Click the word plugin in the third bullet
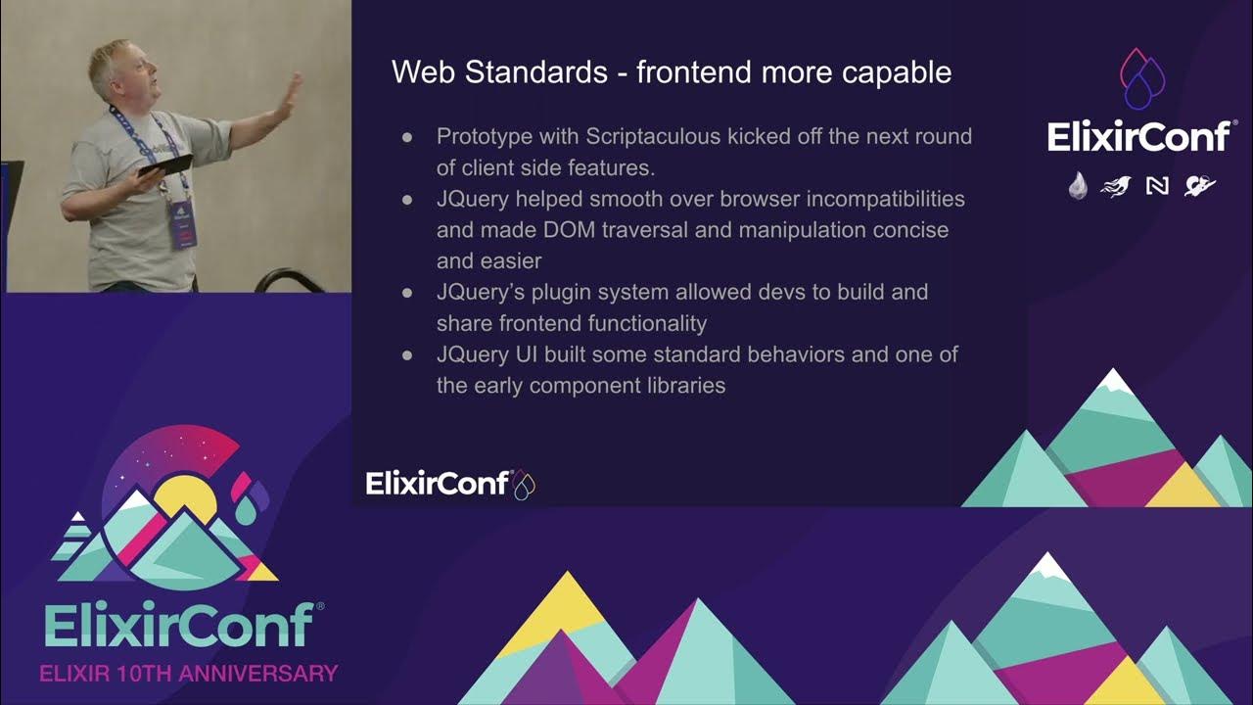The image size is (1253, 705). pos(566,292)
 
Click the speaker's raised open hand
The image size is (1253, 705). pos(290,99)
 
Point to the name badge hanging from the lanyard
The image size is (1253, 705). pos(182,223)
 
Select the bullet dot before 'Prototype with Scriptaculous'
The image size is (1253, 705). pos(407,137)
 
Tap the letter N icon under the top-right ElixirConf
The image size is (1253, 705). pos(1157,185)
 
